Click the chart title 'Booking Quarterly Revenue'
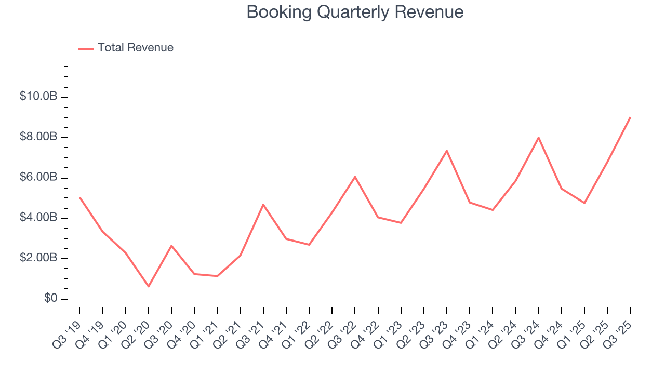355,12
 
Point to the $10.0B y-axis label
38,97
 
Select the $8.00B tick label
38,138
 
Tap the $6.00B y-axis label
38,178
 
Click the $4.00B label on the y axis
38,218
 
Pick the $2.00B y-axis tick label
38,259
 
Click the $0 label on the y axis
50,299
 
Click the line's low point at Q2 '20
149,286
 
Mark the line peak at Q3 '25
630,117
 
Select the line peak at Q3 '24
538,138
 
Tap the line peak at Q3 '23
447,151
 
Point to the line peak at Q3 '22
355,177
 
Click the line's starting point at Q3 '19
79,197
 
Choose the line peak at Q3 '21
263,205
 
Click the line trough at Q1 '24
493,210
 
